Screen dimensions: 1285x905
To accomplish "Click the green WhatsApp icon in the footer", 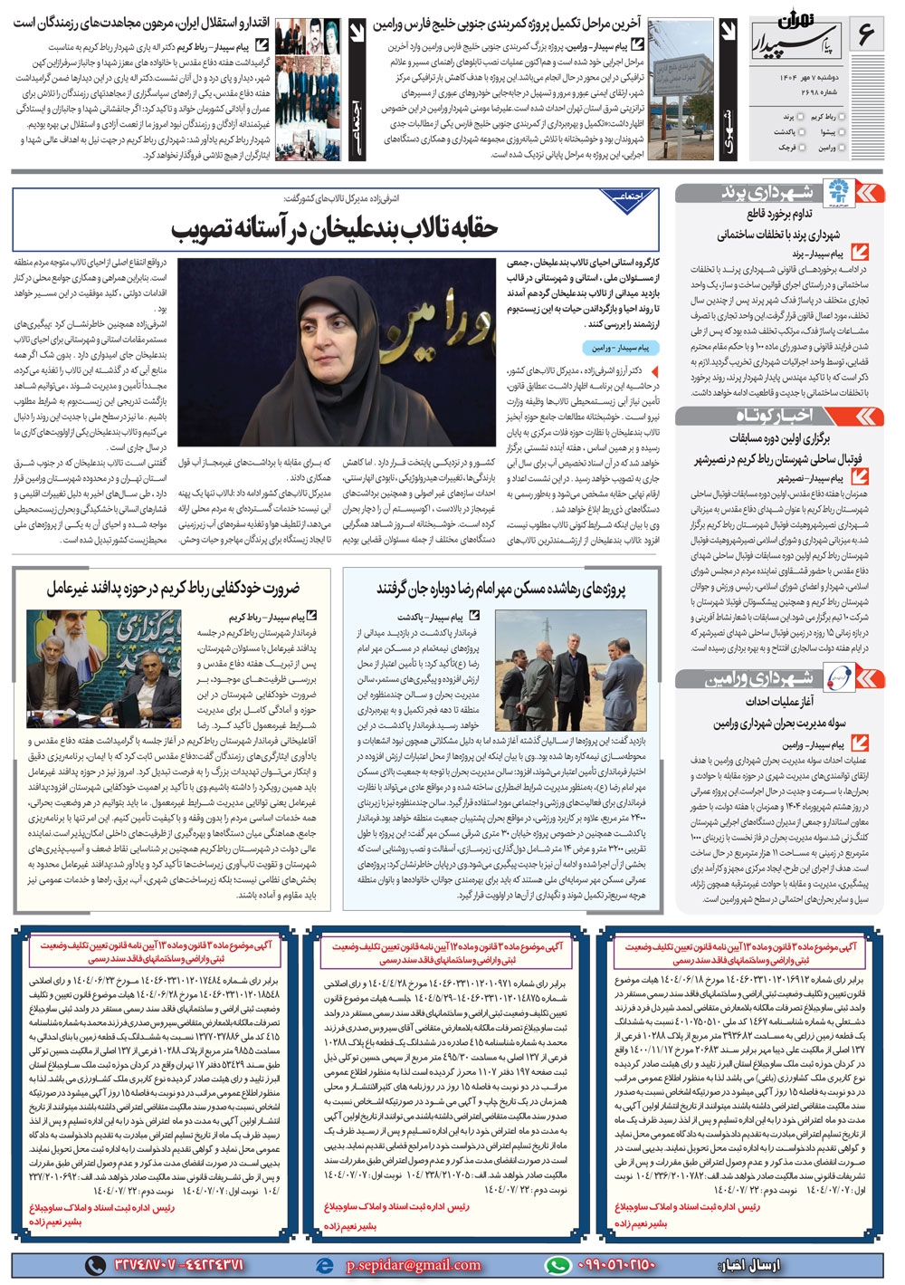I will point(557,1264).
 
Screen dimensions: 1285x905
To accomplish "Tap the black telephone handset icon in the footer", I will point(95,1264).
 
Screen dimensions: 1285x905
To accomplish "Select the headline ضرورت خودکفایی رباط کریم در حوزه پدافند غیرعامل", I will point(174,588).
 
